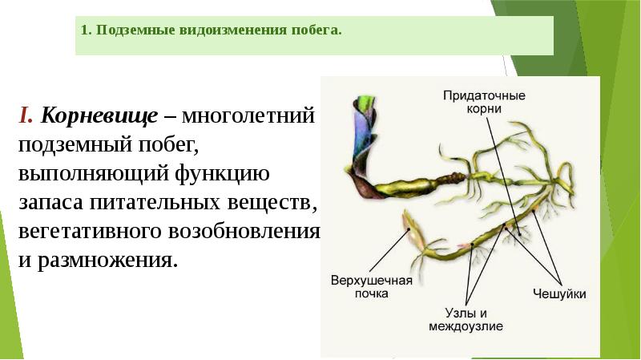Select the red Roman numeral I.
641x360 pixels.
25,116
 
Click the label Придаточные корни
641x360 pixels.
484,101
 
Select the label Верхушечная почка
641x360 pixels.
371,286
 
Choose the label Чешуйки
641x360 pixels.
558,294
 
